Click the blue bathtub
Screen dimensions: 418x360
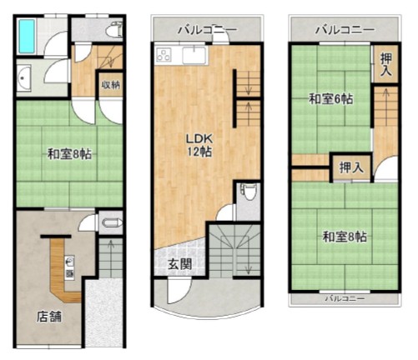click(27, 36)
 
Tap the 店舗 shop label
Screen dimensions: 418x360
click(49, 317)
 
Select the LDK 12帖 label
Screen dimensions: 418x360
click(199, 145)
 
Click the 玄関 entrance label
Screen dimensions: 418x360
click(180, 264)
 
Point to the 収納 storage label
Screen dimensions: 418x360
click(110, 84)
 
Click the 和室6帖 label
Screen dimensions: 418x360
click(331, 98)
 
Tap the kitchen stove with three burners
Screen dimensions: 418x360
click(164, 54)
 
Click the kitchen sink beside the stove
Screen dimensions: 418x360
click(194, 55)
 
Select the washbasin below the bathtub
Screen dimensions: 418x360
click(24, 78)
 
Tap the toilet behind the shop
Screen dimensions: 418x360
click(111, 223)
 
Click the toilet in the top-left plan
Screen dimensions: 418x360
click(114, 29)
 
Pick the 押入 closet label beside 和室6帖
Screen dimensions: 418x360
click(386, 64)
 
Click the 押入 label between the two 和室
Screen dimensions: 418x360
click(351, 167)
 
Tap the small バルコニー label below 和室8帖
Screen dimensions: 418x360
click(345, 298)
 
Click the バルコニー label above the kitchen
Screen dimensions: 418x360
click(207, 29)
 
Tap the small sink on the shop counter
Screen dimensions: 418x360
click(70, 262)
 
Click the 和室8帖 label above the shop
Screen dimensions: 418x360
click(69, 154)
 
